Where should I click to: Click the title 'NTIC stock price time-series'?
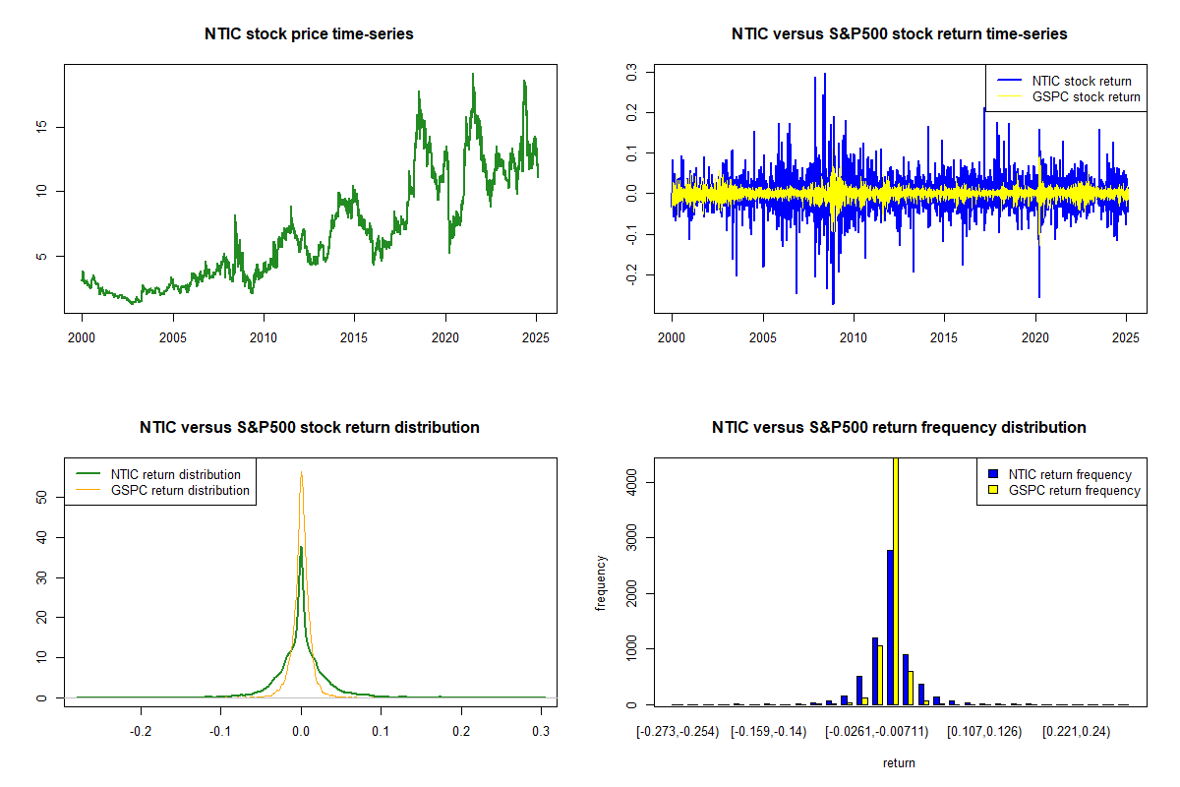309,33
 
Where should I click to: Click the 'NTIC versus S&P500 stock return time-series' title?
899,33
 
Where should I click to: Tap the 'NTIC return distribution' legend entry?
175,474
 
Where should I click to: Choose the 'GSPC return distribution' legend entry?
180,490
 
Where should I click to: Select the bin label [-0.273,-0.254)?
678,732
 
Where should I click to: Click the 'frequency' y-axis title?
602,581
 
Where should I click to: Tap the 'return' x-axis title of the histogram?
899,762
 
